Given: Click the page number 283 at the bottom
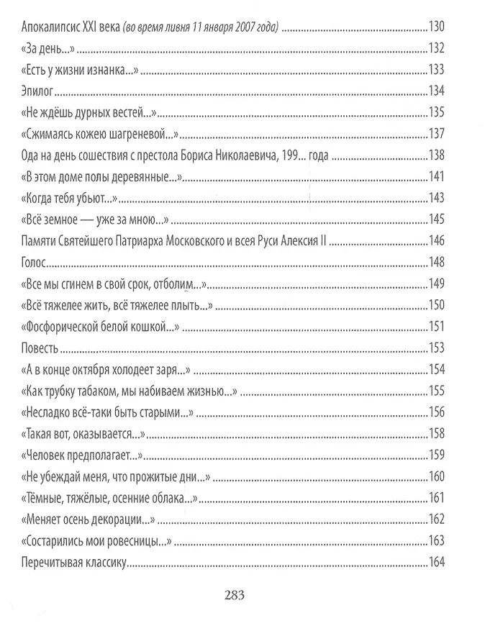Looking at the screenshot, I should (235, 594).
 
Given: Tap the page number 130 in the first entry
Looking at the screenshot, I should (438, 28).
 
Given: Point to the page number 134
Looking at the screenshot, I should (438, 91).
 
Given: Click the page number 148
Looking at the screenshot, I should (438, 262).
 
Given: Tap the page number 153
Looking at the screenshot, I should (438, 348).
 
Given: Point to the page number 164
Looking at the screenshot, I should (438, 562).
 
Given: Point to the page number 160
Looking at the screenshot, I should (438, 476).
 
